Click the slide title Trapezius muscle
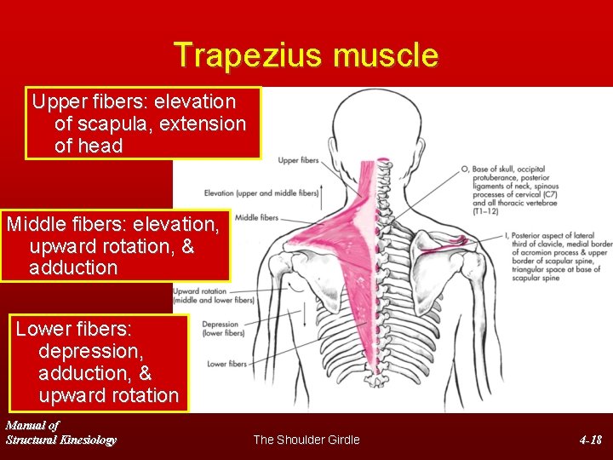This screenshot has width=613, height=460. (x=306, y=55)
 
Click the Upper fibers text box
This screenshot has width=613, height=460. (x=143, y=123)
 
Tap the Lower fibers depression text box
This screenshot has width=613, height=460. (x=98, y=362)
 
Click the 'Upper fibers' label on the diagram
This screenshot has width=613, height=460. (x=298, y=160)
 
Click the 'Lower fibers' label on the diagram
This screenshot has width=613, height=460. (x=226, y=364)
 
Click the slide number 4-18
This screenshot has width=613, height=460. (x=590, y=440)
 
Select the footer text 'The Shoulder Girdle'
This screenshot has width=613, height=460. (x=306, y=440)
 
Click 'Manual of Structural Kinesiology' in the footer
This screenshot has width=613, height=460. (x=60, y=432)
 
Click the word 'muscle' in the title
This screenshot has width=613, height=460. (x=387, y=55)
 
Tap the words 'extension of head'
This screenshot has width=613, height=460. (x=150, y=135)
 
